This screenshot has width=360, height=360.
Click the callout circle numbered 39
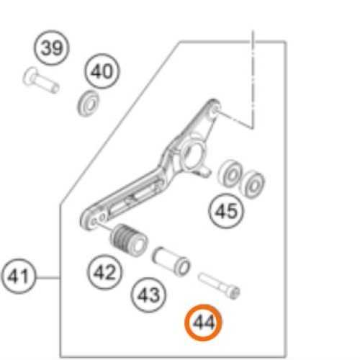click(x=50, y=49)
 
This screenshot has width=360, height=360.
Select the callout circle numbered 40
click(x=101, y=72)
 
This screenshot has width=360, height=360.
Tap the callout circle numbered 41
click(x=20, y=276)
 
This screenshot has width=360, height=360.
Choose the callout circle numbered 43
click(x=148, y=294)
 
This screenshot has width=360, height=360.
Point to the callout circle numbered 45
click(x=226, y=211)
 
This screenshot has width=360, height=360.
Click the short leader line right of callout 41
click(x=47, y=276)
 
